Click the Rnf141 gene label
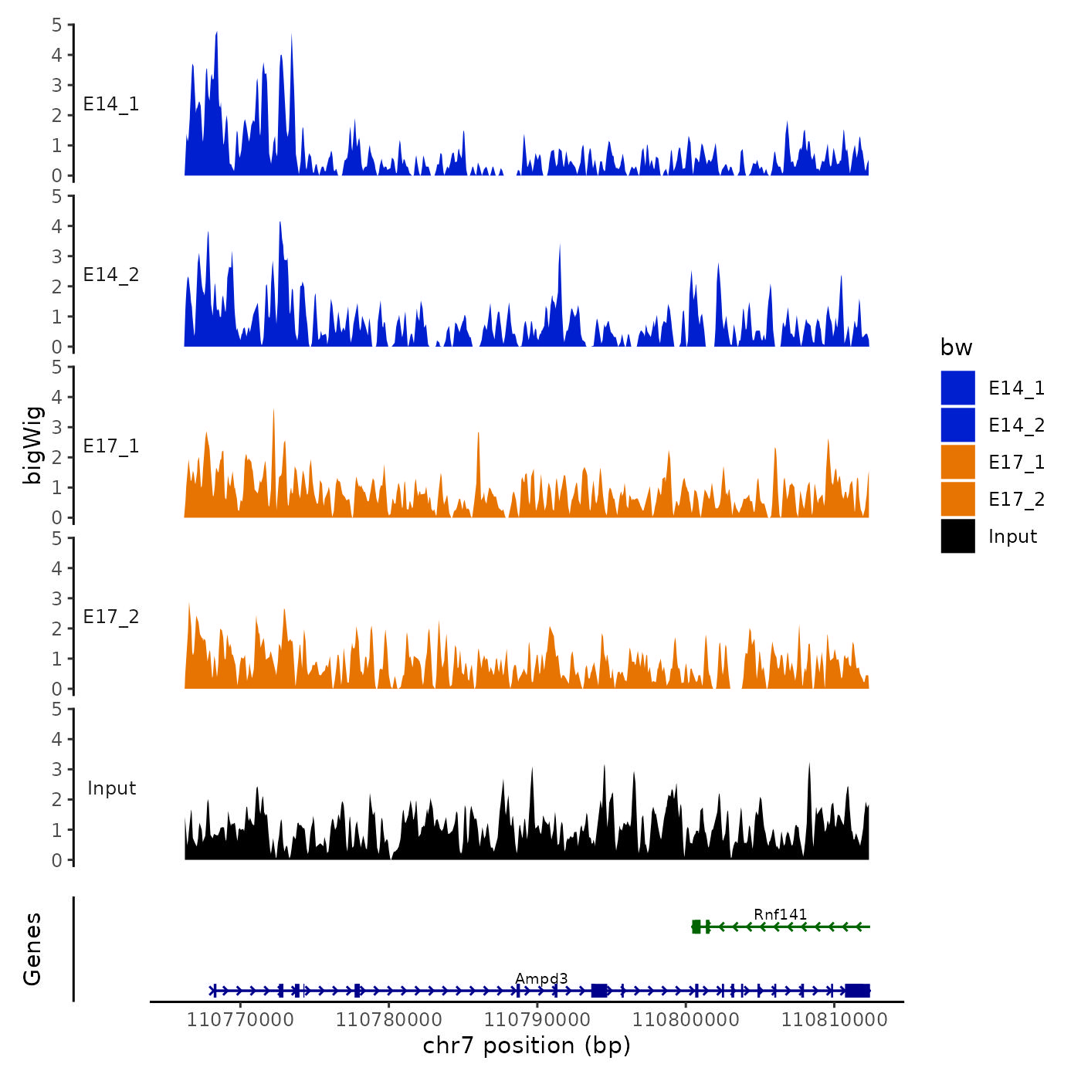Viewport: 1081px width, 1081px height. coord(780,914)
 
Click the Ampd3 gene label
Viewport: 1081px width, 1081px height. coord(541,979)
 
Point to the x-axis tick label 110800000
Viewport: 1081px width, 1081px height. coord(686,1019)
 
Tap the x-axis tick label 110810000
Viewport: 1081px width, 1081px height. coord(834,1019)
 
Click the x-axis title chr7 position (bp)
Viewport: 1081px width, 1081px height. coord(527,1045)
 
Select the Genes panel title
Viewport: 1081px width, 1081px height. coord(32,949)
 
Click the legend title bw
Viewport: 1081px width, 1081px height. coord(956,347)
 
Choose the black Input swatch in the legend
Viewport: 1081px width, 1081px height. coord(957,536)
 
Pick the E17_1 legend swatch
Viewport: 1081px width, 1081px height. coord(957,462)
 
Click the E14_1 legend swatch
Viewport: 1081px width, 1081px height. coord(957,388)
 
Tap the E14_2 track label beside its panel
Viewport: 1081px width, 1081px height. coord(111,275)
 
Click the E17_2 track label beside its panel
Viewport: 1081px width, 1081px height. coord(111,617)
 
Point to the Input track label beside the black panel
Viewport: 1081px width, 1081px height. coord(111,788)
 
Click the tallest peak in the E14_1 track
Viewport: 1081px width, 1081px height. coord(217,34)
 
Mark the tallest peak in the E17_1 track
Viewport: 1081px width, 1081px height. coord(273,412)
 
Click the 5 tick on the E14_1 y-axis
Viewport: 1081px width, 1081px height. coord(57,25)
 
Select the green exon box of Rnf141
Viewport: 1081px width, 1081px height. coord(696,927)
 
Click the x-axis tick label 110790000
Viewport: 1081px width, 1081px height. coord(537,1019)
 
